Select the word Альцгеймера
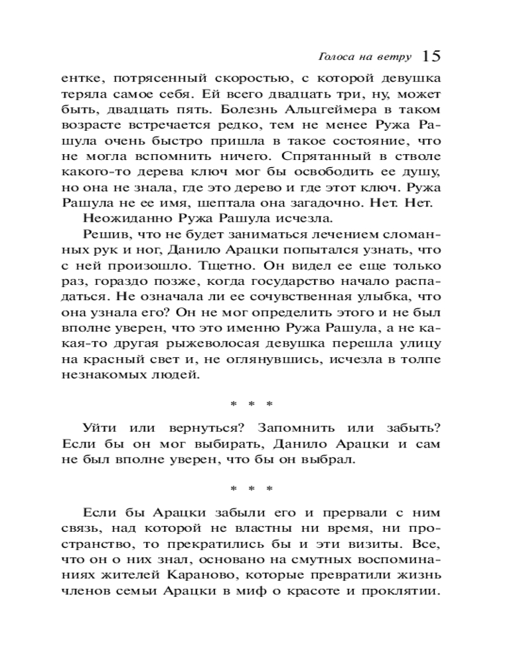tap(283, 109)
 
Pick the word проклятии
tap(404, 592)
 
